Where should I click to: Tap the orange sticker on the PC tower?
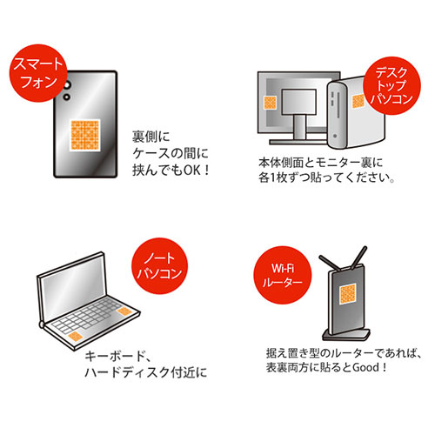pyautogui.click(x=358, y=101)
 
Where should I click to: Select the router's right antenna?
pyautogui.click(x=362, y=258)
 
